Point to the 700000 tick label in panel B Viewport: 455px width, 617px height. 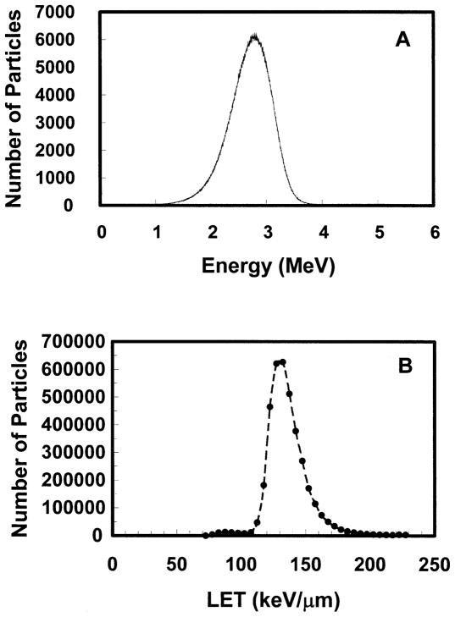[x=62, y=342]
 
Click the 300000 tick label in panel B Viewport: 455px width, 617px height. [x=62, y=452]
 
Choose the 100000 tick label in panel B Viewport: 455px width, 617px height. [x=62, y=507]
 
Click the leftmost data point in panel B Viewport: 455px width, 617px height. [x=206, y=535]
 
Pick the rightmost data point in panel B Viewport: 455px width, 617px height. [x=407, y=535]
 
